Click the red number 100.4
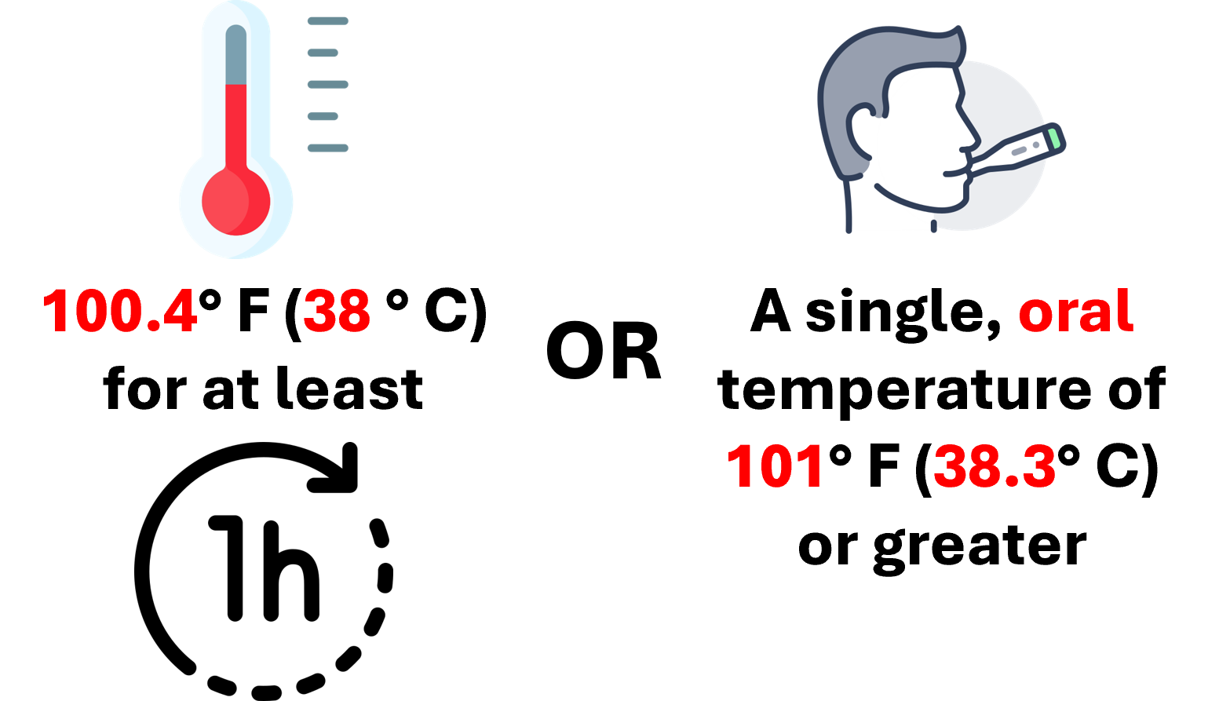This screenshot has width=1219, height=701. [119, 312]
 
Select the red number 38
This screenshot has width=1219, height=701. [337, 312]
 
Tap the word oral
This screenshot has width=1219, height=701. [1075, 312]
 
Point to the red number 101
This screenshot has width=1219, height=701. [775, 467]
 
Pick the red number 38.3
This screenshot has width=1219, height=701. [994, 467]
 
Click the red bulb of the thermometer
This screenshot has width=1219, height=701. [235, 201]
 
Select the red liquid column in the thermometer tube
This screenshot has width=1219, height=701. [236, 126]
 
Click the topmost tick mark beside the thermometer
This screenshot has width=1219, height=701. [327, 21]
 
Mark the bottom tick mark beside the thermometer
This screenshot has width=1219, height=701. [327, 148]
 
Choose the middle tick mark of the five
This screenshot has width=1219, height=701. [327, 84]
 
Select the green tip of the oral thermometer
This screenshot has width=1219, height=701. [1054, 138]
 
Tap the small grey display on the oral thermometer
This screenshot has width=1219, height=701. [1020, 149]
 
